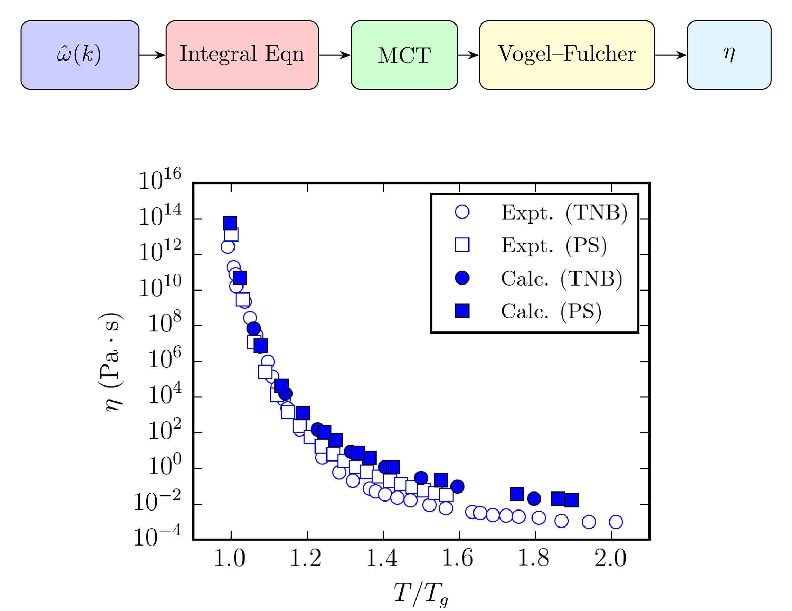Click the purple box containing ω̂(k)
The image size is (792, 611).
coord(80,55)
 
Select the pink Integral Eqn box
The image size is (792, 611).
coord(242,55)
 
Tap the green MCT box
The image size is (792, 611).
coord(404,55)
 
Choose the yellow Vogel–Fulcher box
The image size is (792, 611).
coord(566,55)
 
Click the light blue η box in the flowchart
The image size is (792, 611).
coord(729,55)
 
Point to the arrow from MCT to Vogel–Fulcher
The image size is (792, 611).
coord(468,55)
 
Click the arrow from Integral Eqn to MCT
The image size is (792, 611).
coord(334,55)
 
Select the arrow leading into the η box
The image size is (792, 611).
coord(671,55)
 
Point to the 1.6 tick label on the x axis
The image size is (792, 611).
coord(458,558)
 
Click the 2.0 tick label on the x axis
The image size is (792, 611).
coord(610,558)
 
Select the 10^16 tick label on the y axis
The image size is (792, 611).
coord(160,180)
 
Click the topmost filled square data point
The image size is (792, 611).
coord(230,223)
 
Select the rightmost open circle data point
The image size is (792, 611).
coord(616,522)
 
